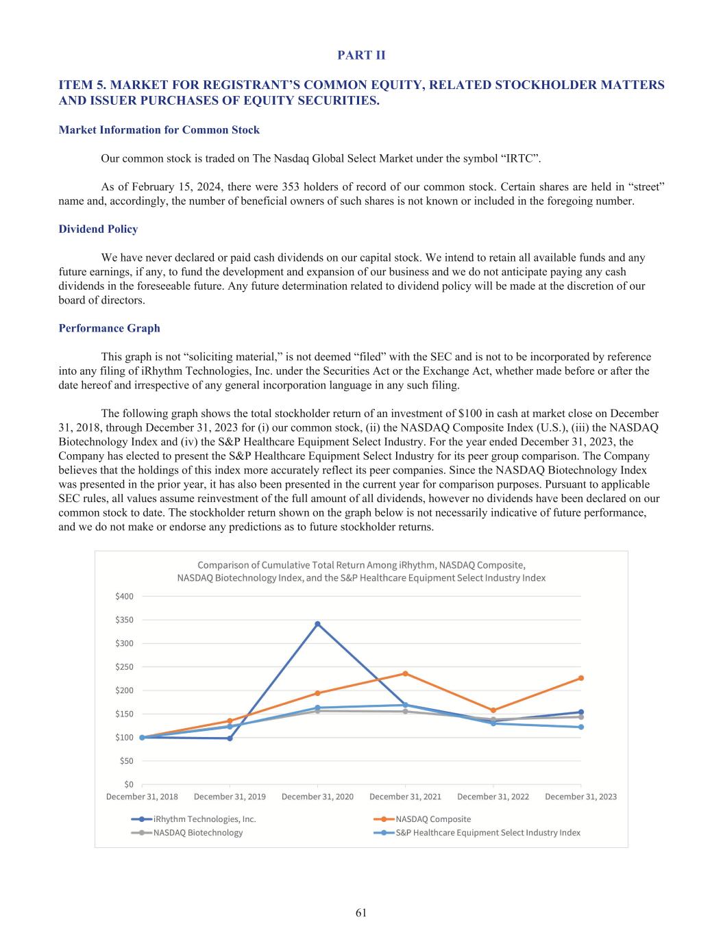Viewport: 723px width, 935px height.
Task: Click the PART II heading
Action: click(361, 55)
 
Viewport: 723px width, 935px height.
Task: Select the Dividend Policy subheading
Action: click(98, 229)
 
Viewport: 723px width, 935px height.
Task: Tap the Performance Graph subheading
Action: click(109, 328)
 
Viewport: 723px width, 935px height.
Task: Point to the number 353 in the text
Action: click(286, 187)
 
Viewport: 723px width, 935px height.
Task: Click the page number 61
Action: click(361, 912)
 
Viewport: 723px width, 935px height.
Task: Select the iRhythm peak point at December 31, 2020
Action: click(317, 624)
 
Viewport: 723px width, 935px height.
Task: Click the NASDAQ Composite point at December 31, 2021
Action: click(405, 673)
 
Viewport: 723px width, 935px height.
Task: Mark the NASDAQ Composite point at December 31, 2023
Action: click(581, 678)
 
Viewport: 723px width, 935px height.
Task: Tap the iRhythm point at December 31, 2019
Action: click(230, 738)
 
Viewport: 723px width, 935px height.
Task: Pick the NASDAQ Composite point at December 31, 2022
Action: click(493, 710)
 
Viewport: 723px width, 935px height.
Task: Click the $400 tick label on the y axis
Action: click(124, 596)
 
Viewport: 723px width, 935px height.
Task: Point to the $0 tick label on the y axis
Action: click(128, 784)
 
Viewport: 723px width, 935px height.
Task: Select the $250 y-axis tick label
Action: click(124, 666)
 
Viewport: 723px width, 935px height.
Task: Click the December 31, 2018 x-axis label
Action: click(142, 797)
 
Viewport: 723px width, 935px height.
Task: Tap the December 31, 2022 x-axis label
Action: click(493, 797)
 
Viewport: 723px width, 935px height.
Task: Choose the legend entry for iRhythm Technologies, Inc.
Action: click(204, 819)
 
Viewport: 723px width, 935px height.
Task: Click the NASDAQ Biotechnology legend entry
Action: click(197, 833)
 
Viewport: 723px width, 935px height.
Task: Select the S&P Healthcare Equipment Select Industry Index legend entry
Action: click(487, 833)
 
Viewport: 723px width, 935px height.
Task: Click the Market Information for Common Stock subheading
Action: click(159, 129)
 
